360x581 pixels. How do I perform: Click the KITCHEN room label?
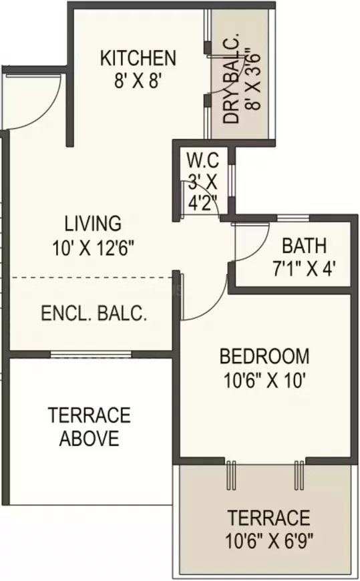(x=138, y=58)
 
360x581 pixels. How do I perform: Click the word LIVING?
(x=93, y=222)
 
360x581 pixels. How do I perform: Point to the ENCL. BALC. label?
(x=94, y=314)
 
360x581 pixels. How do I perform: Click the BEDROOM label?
(x=264, y=356)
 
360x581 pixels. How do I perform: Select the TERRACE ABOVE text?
(x=89, y=427)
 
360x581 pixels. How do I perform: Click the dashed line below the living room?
(x=94, y=276)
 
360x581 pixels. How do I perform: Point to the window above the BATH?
(x=293, y=218)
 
